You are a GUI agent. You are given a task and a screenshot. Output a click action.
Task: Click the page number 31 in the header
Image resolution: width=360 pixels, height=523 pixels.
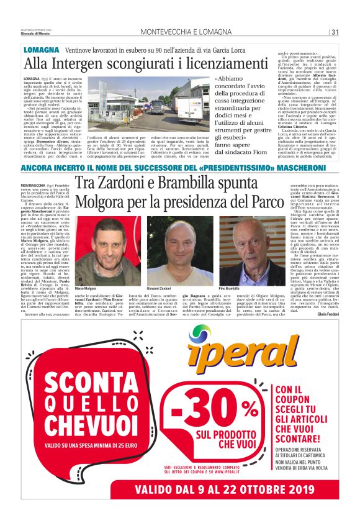coord(335,32)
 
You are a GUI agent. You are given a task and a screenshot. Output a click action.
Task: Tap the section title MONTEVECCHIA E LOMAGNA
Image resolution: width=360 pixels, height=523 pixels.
coord(179,32)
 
